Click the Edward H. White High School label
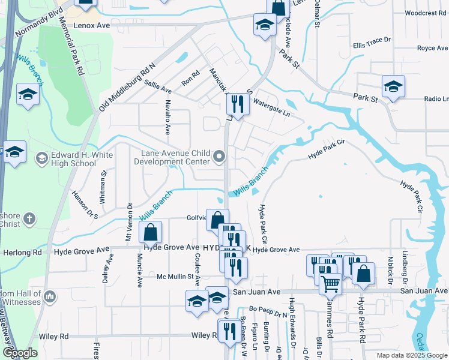(73, 158)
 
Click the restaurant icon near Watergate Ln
(238, 104)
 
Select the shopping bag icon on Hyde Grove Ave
(151, 232)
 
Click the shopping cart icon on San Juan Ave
(330, 284)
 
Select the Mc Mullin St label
(178, 277)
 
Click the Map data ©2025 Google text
(411, 355)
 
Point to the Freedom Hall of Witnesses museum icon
(50, 296)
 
